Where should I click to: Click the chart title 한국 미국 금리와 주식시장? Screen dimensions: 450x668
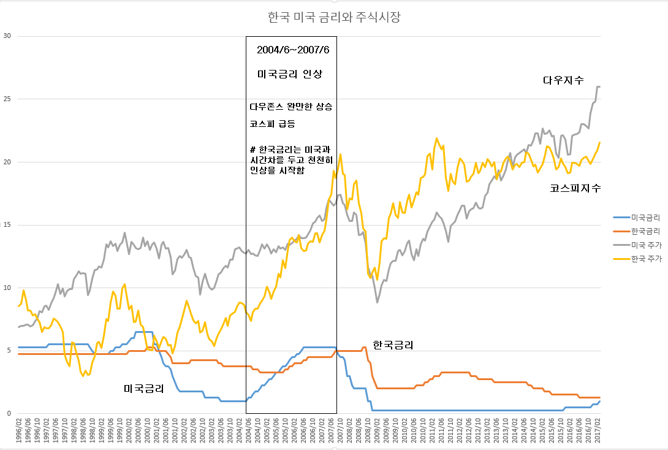click(x=334, y=17)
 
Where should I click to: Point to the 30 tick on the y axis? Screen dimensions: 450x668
click(x=7, y=36)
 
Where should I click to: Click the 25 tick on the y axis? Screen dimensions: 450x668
click(x=7, y=99)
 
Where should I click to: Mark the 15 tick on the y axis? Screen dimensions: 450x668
click(x=7, y=225)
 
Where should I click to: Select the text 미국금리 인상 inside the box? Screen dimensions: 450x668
click(x=289, y=74)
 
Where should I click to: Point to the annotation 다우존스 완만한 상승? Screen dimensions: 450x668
click(x=291, y=106)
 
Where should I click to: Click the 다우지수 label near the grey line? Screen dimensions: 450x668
click(x=563, y=80)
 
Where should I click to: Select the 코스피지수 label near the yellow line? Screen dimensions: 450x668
click(x=575, y=189)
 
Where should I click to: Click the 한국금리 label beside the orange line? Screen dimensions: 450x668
click(x=393, y=345)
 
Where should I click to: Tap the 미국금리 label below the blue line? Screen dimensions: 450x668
click(x=143, y=389)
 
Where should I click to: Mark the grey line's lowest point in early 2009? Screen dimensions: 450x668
click(x=378, y=302)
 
